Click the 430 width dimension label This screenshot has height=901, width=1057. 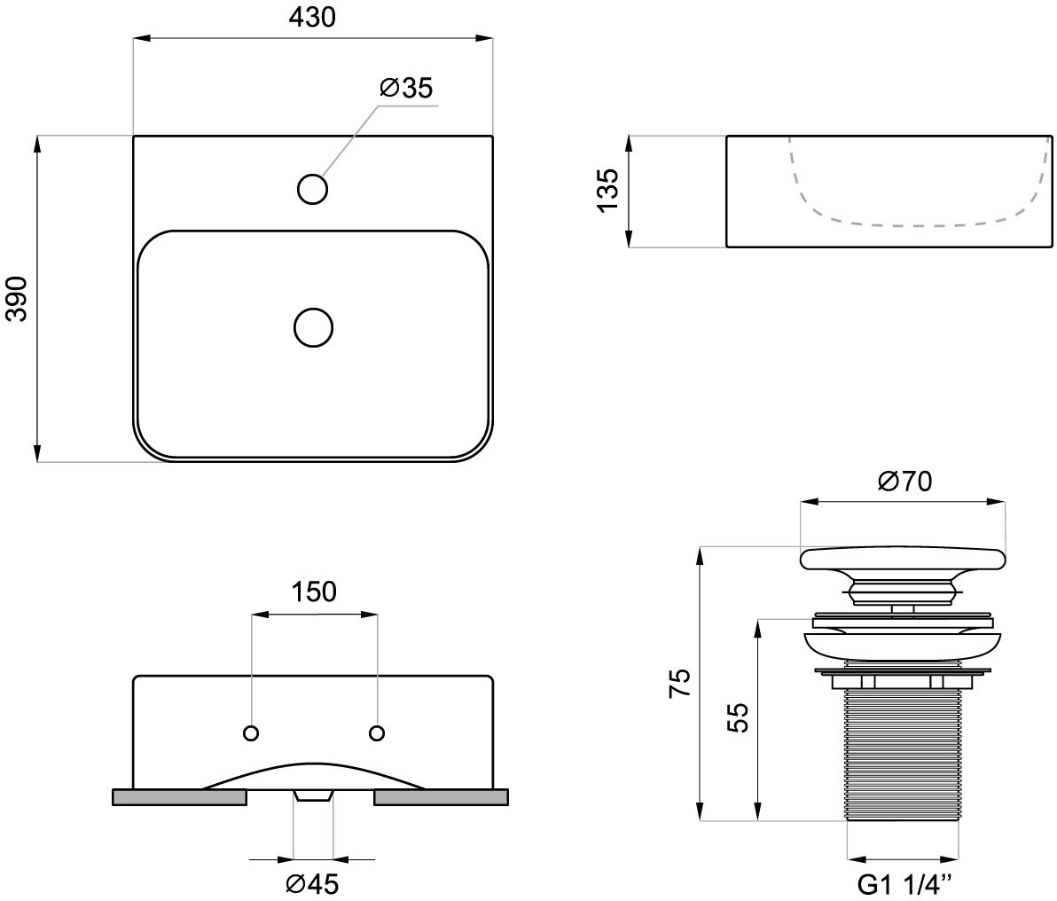click(312, 18)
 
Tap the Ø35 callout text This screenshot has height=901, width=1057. click(406, 88)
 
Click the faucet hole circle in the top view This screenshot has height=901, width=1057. click(312, 189)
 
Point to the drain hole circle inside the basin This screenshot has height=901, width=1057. click(313, 328)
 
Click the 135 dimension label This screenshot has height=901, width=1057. click(607, 190)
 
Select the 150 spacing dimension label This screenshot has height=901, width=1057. click(314, 592)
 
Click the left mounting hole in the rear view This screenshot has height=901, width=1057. click(252, 733)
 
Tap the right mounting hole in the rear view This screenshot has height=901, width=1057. click(377, 733)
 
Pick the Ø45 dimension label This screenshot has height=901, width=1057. click(312, 883)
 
